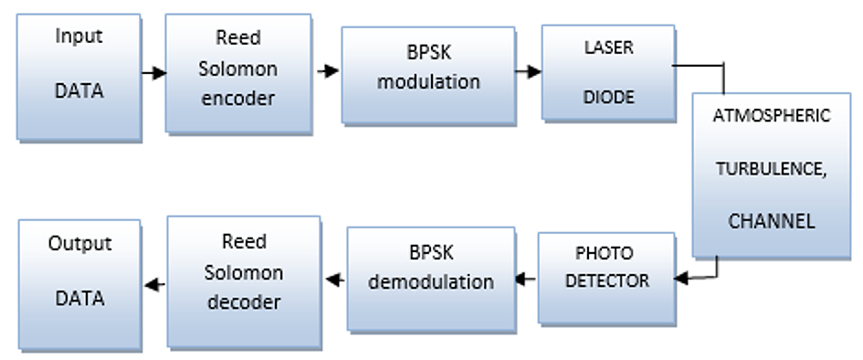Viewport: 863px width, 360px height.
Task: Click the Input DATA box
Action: pos(79,78)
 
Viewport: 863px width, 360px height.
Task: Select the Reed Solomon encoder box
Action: pos(238,73)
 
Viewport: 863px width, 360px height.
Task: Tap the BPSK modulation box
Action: pos(428,76)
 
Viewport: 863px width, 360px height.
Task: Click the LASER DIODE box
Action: pos(609,73)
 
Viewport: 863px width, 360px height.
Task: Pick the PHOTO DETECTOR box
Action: pos(606,279)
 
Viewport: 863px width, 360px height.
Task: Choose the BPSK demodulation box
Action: pos(431,279)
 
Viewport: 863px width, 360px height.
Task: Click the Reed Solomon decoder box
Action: pos(244,281)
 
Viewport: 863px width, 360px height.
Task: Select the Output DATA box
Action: pos(79,284)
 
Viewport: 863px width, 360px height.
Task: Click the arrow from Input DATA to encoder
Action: pos(154,73)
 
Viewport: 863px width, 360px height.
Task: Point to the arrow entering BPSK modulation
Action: pos(328,70)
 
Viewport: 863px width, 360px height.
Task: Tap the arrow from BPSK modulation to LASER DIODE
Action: pos(529,71)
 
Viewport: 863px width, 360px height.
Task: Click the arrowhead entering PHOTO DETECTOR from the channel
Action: pos(681,279)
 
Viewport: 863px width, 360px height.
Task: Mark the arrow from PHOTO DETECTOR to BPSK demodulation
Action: pos(525,279)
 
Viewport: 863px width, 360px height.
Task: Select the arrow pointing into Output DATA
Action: pos(154,284)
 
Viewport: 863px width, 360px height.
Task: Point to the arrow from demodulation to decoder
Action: pos(335,280)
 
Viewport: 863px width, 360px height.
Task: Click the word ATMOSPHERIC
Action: pos(771,116)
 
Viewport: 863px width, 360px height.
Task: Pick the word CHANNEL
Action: pos(771,221)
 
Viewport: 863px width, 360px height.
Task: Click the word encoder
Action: pos(237,99)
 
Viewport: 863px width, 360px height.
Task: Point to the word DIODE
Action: pos(608,98)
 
